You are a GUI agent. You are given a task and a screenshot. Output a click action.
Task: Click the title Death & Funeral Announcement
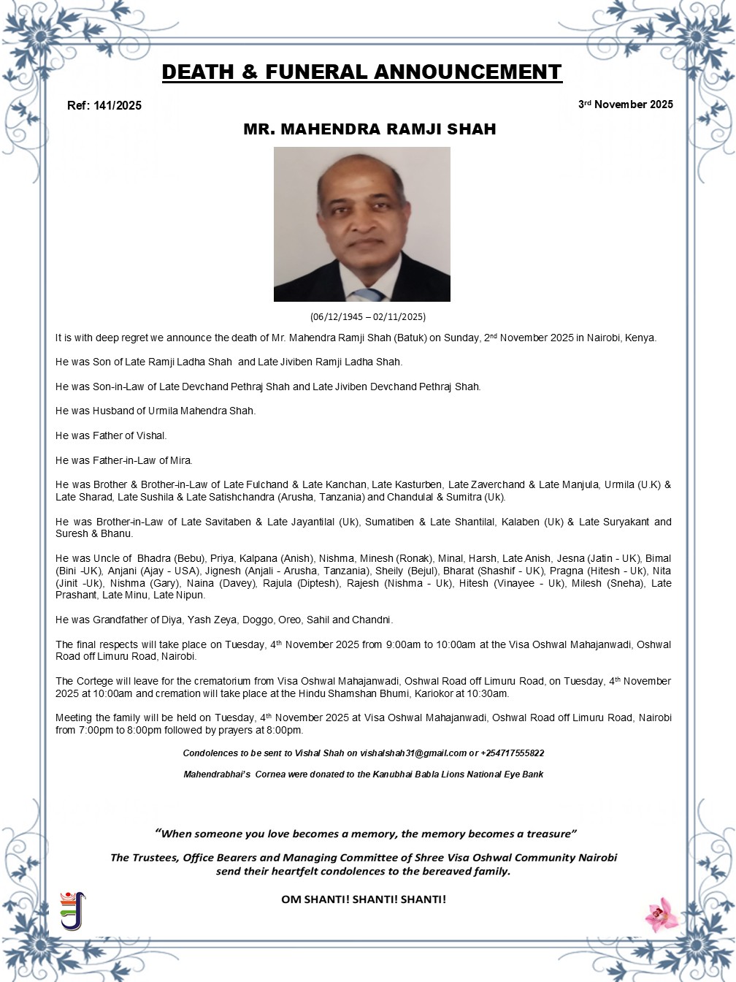click(x=361, y=72)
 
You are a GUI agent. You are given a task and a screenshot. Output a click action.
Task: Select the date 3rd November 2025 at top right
click(x=626, y=104)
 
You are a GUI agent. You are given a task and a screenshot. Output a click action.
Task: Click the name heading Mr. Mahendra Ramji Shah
click(x=369, y=129)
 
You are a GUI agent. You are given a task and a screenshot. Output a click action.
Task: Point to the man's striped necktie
click(x=369, y=294)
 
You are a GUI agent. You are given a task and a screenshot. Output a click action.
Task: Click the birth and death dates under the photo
click(x=367, y=317)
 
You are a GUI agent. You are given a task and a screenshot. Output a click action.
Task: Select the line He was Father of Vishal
click(x=111, y=435)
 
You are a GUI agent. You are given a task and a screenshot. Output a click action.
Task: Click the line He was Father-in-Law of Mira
click(x=124, y=460)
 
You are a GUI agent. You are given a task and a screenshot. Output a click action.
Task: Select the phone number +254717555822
click(x=512, y=753)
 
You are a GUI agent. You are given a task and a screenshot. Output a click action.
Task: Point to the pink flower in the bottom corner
click(x=662, y=914)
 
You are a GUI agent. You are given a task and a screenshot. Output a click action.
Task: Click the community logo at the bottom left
click(x=72, y=910)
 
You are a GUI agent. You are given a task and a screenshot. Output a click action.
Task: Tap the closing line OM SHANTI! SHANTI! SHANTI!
click(x=364, y=899)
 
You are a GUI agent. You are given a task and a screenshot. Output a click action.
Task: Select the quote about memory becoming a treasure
click(x=366, y=834)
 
